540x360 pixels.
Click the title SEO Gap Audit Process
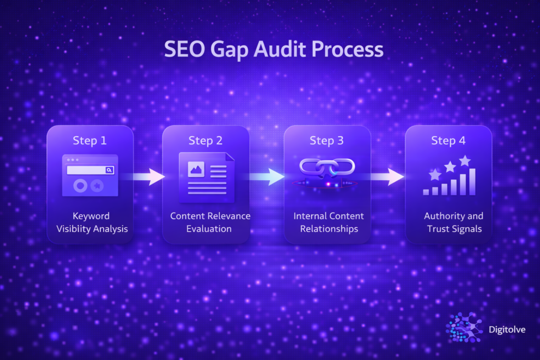(x=273, y=50)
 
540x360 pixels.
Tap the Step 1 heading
(x=90, y=141)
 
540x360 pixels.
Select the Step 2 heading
(x=206, y=141)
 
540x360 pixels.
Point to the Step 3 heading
(x=326, y=141)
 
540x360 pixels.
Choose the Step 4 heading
(x=448, y=141)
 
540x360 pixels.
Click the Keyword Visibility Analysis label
(x=91, y=222)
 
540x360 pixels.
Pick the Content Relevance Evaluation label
(x=210, y=222)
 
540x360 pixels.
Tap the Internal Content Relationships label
(x=329, y=222)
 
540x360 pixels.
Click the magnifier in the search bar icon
(x=109, y=170)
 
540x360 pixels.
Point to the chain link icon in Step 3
(x=327, y=168)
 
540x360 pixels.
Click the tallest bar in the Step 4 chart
(x=472, y=182)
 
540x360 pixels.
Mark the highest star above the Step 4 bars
(x=465, y=160)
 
